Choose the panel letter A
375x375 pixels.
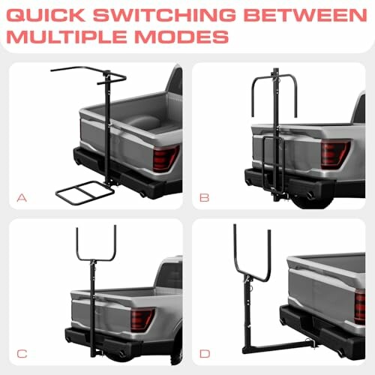pos(22,198)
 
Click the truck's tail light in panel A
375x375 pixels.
pos(164,157)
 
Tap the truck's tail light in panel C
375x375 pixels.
pos(142,319)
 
